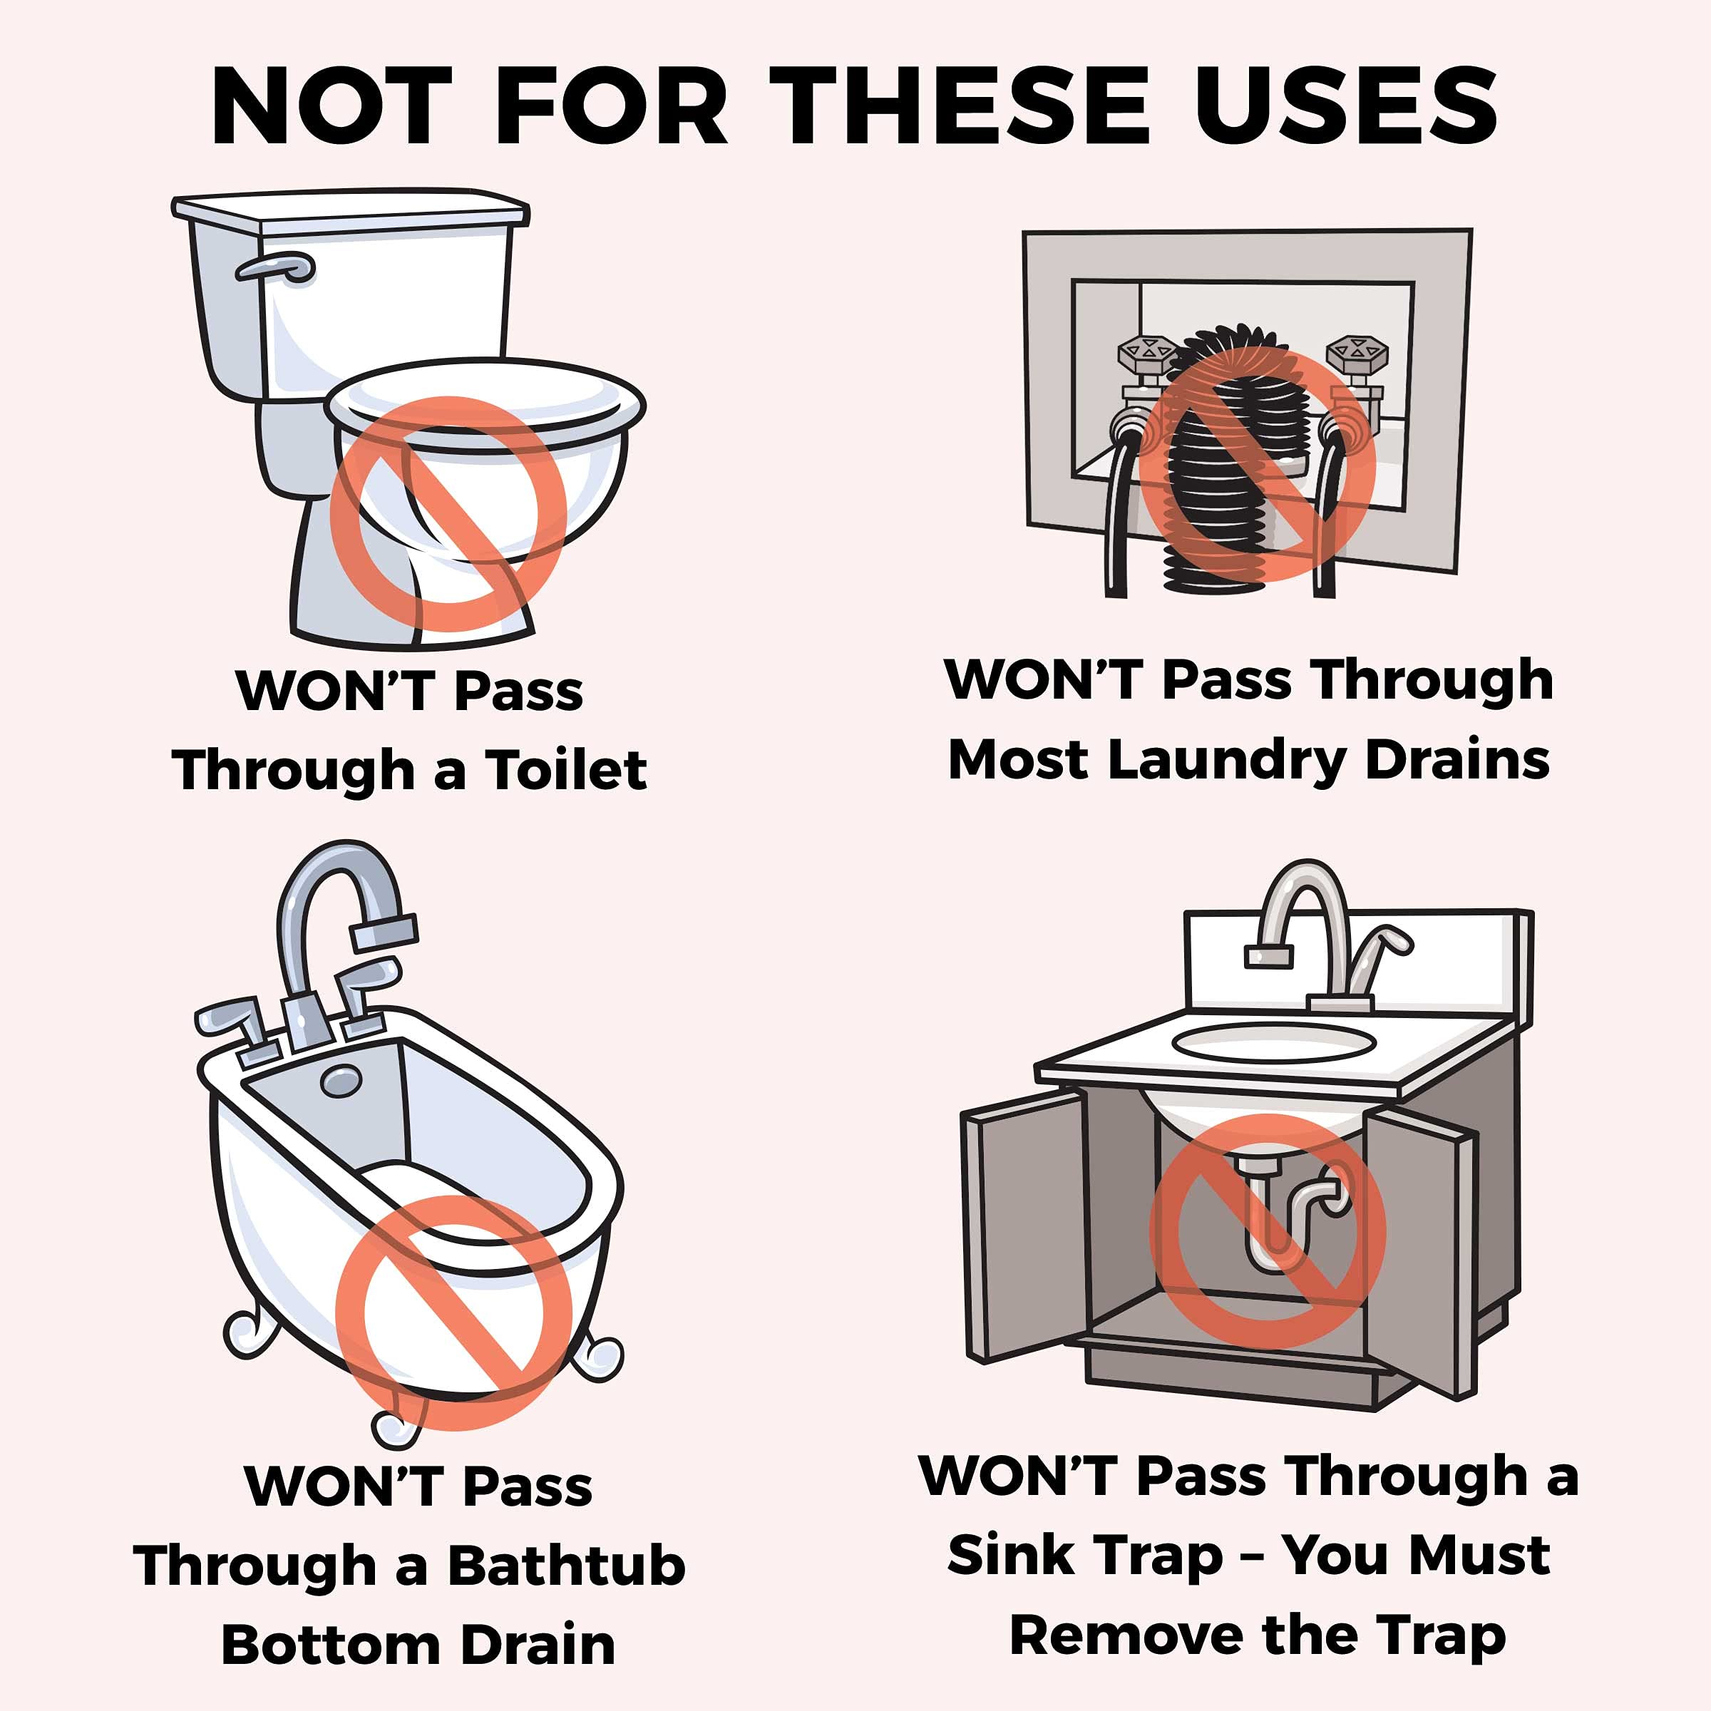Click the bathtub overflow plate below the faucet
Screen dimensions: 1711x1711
click(x=340, y=1081)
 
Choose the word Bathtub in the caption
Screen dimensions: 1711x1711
click(x=566, y=1565)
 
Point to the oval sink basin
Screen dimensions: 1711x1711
click(x=1273, y=1042)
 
